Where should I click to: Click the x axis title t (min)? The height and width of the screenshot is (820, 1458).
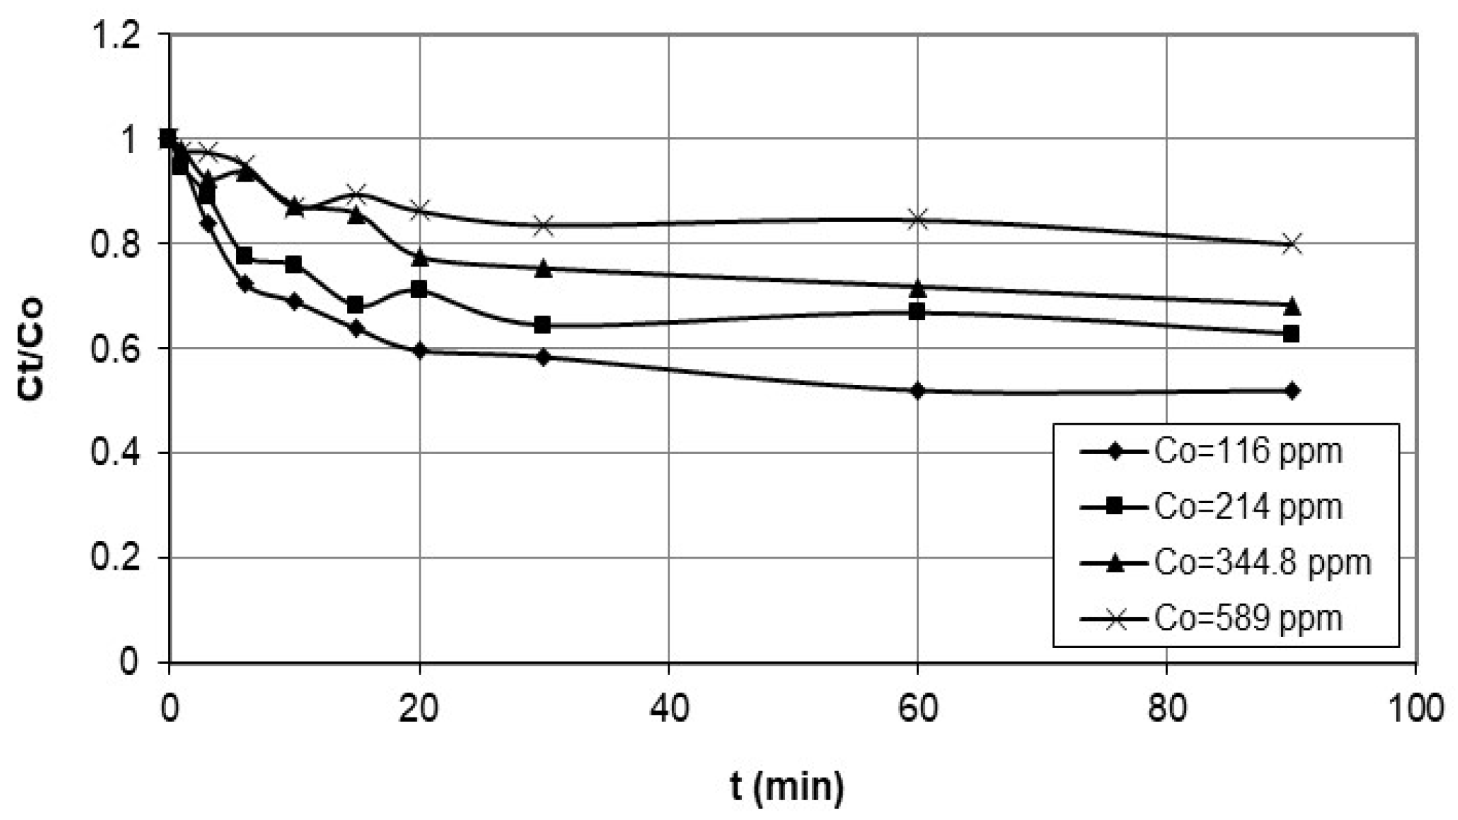pos(786,788)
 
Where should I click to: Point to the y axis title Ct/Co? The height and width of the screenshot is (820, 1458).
pos(31,348)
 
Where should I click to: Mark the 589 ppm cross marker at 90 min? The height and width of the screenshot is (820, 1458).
pos(1291,245)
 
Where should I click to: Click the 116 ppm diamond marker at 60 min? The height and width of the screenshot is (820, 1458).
pos(918,391)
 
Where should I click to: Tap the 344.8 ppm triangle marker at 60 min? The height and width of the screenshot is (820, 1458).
pos(918,287)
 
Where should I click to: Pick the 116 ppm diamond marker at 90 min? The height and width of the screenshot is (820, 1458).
pos(1291,391)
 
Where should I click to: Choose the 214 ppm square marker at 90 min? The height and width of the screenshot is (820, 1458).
pos(1291,334)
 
